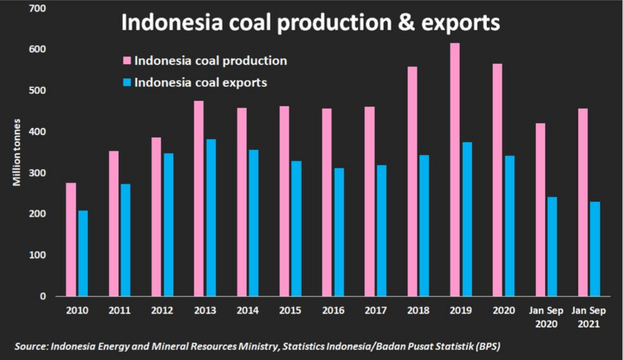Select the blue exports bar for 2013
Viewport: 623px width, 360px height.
(211, 217)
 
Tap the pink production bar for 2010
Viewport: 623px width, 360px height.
(71, 239)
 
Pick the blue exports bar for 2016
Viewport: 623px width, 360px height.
(339, 232)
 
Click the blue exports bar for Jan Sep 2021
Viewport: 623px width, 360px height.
(595, 249)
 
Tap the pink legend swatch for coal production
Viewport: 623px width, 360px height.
(127, 61)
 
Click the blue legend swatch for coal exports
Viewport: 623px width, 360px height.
(127, 83)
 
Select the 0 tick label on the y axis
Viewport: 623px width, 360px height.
(43, 296)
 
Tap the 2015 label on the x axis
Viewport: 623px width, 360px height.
(290, 310)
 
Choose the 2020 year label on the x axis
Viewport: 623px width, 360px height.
(503, 310)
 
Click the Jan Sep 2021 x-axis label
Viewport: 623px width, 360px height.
(589, 317)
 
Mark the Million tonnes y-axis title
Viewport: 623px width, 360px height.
(17, 152)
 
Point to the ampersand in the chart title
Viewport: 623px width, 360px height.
(408, 23)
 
